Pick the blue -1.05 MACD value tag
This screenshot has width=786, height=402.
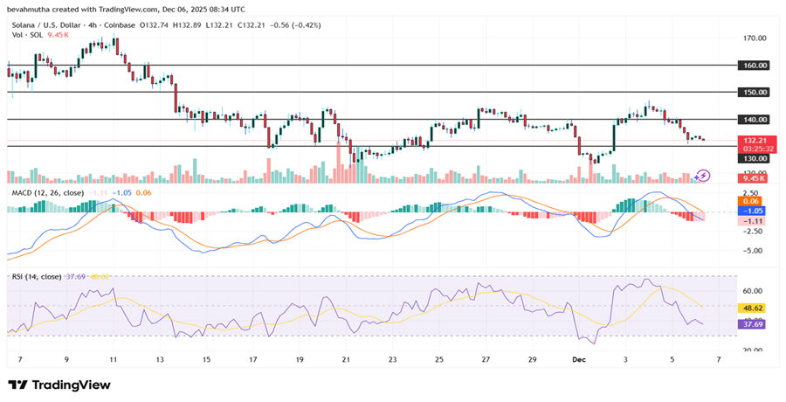coord(754,211)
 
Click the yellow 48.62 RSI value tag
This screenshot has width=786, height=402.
coord(754,308)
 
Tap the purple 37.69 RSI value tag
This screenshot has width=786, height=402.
coord(754,324)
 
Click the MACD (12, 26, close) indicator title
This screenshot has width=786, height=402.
coord(47,192)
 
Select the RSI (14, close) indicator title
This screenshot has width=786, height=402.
coord(36,276)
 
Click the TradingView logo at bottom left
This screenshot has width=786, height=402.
coord(59,385)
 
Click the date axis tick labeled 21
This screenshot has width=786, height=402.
coord(346,359)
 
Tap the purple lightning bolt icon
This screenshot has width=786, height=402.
coord(703,175)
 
